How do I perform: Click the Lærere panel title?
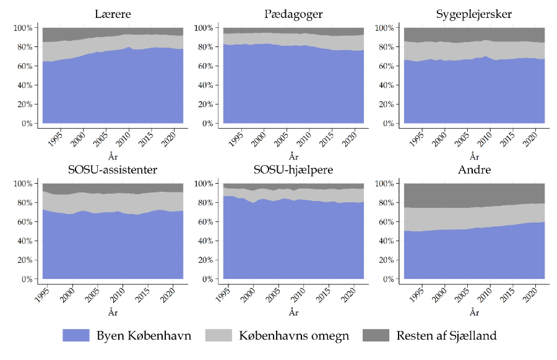(112, 14)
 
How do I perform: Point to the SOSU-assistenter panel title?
(112, 170)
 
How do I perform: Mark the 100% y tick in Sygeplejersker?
(384, 28)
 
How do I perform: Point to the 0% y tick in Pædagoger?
(206, 124)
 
